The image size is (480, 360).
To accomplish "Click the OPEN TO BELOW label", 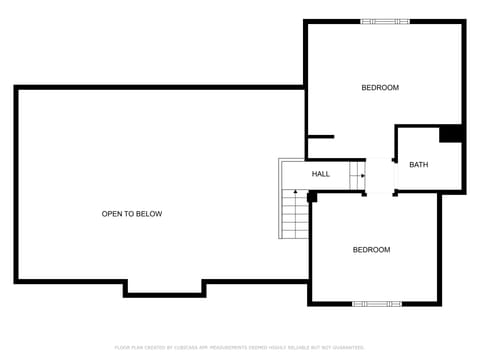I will (x=132, y=214).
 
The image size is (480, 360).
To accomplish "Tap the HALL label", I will (x=321, y=174).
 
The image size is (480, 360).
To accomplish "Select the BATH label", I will (x=418, y=165).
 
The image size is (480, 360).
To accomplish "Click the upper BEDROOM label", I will (x=380, y=88).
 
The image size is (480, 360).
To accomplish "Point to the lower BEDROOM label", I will (x=371, y=250).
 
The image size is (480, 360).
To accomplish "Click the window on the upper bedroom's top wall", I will (x=385, y=21).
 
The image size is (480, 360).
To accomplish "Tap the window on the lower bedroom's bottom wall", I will (x=377, y=303).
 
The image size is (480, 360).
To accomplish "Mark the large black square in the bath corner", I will (x=450, y=134).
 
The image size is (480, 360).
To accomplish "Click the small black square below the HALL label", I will (x=312, y=197).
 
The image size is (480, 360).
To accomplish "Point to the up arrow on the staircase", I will (x=296, y=193).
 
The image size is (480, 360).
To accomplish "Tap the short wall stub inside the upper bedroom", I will (x=320, y=136).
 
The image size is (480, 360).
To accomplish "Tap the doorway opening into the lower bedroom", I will (x=381, y=192).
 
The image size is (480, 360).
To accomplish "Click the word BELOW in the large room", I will (x=149, y=214).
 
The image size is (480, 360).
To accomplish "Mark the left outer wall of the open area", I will (x=16, y=184).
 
